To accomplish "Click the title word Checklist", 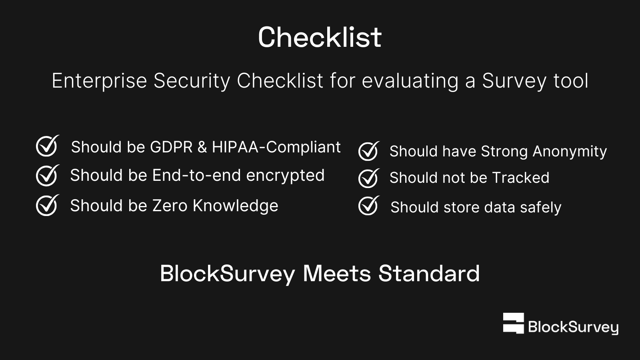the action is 320,37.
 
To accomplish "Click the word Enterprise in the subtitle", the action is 99,81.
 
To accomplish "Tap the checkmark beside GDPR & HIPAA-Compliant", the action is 48,146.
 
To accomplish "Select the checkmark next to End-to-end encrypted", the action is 48,176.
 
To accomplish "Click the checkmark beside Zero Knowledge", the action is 48,205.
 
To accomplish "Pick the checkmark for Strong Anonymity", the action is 369,151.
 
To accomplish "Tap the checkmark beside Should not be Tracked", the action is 369,178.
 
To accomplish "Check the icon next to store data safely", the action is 369,205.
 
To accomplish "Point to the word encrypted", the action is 285,176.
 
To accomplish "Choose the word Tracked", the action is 520,178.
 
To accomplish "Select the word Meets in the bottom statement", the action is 337,274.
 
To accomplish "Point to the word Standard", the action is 429,274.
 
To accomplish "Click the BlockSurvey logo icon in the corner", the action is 514,323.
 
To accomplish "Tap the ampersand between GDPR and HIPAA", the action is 202,147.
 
